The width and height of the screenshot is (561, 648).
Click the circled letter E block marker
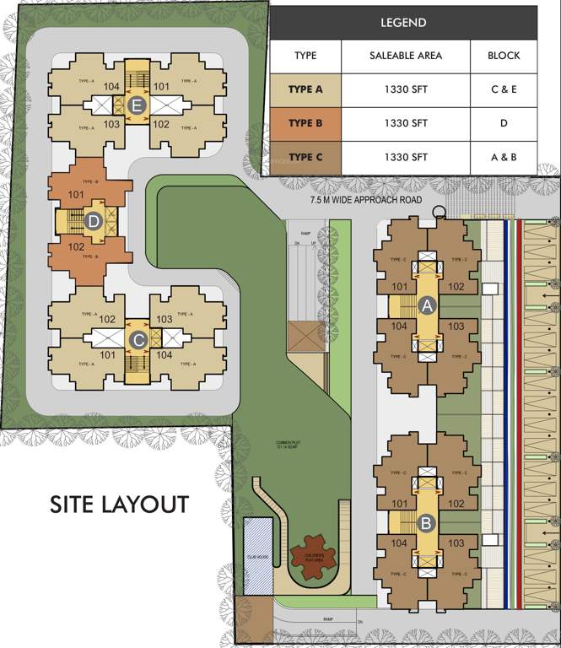pyautogui.click(x=139, y=105)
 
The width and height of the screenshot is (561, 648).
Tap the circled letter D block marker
pyautogui.click(x=94, y=222)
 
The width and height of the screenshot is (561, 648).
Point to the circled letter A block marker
pyautogui.click(x=427, y=307)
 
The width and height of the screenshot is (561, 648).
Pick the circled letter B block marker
pyautogui.click(x=427, y=523)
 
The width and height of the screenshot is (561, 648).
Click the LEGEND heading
pyautogui.click(x=403, y=23)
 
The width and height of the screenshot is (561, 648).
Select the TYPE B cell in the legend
pyautogui.click(x=305, y=123)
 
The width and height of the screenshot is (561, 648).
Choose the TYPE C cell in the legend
pyautogui.click(x=305, y=157)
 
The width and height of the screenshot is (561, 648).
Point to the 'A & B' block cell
pyautogui.click(x=504, y=157)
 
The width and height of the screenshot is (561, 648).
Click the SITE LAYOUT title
pyautogui.click(x=119, y=505)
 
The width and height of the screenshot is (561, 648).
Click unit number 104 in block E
pyautogui.click(x=111, y=86)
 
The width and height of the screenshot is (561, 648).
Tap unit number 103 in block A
pyautogui.click(x=456, y=326)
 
